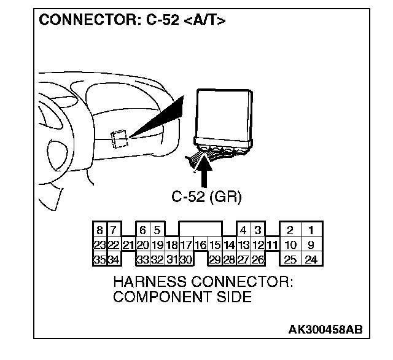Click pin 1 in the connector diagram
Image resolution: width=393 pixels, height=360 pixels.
(x=311, y=232)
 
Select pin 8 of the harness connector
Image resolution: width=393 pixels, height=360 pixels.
(x=99, y=232)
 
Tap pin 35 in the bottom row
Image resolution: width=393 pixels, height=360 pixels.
(x=99, y=259)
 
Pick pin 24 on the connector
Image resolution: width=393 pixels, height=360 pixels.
(x=311, y=259)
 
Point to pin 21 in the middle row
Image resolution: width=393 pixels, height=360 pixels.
(x=128, y=245)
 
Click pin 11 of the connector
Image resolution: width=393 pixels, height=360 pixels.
(x=272, y=245)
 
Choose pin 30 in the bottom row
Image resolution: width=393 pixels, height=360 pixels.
(x=186, y=259)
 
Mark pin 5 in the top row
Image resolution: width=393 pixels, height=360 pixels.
(x=157, y=232)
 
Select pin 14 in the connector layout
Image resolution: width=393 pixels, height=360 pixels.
(x=229, y=245)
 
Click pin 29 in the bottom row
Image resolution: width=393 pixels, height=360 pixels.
(x=214, y=259)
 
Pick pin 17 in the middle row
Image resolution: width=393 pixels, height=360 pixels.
(x=186, y=245)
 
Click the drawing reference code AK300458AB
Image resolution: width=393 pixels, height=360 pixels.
(x=325, y=329)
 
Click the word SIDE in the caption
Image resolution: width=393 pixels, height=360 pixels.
(x=234, y=298)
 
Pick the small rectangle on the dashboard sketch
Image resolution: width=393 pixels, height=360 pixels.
(x=120, y=139)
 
